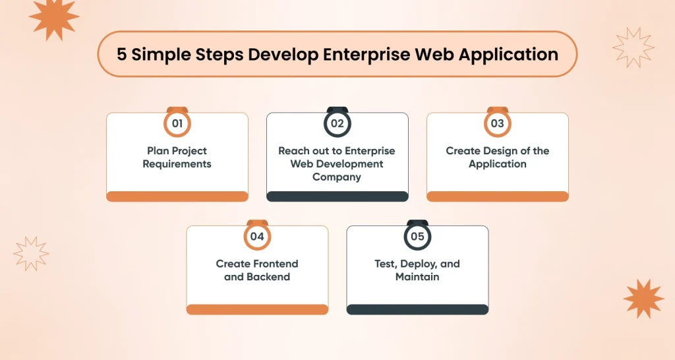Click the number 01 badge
(x=177, y=123)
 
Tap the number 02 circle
(x=337, y=123)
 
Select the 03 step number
(x=497, y=123)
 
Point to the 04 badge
(x=257, y=237)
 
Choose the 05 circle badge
(x=417, y=237)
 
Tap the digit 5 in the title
(x=122, y=54)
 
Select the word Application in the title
(x=508, y=55)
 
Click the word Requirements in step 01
(x=177, y=164)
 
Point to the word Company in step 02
(x=337, y=177)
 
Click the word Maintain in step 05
(x=417, y=277)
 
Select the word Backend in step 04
(x=268, y=277)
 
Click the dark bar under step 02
(x=337, y=196)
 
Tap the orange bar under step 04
(x=258, y=309)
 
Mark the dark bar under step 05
(x=417, y=309)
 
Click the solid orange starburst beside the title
(x=54, y=17)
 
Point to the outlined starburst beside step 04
(x=31, y=254)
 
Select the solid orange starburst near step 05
(x=643, y=299)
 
